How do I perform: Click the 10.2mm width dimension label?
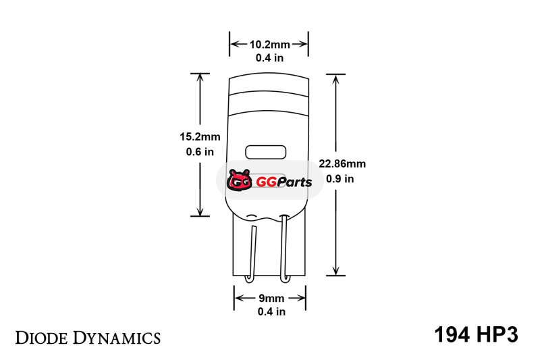click(269, 45)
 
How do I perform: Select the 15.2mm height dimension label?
click(200, 136)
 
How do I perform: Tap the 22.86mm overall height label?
click(342, 163)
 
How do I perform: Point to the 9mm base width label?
click(271, 298)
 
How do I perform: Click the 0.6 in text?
click(200, 151)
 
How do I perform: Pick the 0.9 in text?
click(340, 179)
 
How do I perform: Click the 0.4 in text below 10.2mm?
click(269, 58)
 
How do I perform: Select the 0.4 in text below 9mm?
click(271, 311)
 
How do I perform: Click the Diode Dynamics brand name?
click(88, 338)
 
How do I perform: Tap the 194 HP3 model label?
click(476, 334)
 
